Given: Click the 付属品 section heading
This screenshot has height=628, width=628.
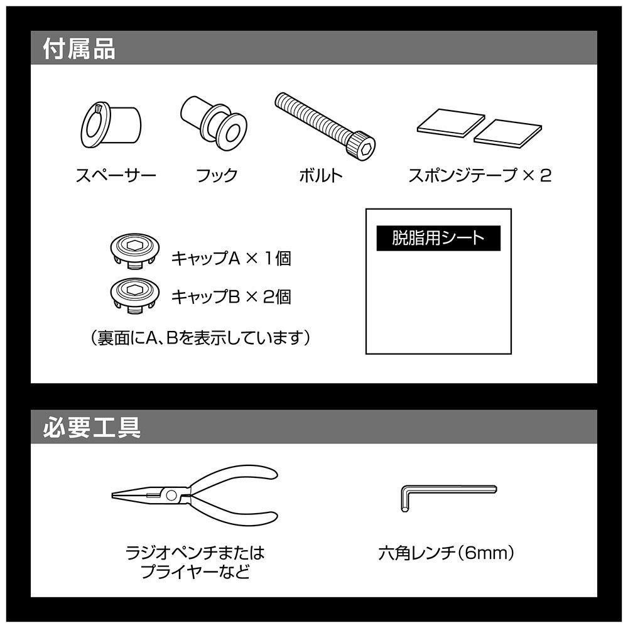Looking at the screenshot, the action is [x=79, y=49].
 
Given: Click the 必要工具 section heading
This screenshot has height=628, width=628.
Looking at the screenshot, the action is [x=92, y=427].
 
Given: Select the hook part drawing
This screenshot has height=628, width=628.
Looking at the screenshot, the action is [x=214, y=123].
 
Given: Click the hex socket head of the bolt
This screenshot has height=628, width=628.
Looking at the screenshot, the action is [x=362, y=147].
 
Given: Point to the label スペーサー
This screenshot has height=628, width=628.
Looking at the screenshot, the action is [x=116, y=175].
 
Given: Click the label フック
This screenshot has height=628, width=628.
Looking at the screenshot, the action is [x=217, y=175].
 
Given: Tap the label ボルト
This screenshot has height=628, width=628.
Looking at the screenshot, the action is [x=321, y=175].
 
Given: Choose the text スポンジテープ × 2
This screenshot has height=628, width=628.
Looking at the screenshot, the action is [x=479, y=175].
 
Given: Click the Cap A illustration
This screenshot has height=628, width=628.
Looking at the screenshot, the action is [x=135, y=252].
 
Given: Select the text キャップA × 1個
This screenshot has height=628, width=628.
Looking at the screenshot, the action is [x=231, y=258].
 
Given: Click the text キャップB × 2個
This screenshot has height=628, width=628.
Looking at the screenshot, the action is [x=231, y=297].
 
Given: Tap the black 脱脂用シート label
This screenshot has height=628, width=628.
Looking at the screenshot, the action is [x=438, y=238].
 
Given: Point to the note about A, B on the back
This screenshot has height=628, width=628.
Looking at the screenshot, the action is [x=200, y=338].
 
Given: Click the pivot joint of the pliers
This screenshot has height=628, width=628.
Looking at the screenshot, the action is [x=171, y=495].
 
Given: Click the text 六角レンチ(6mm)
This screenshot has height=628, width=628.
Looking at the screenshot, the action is [x=446, y=553].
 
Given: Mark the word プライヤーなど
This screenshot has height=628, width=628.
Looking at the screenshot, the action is [x=195, y=571].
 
